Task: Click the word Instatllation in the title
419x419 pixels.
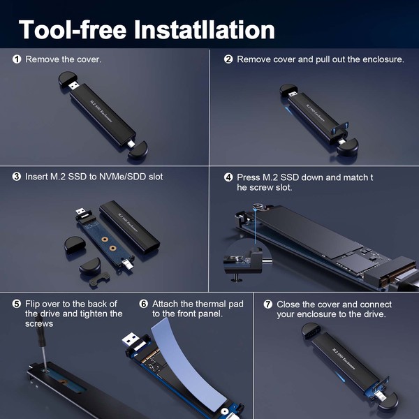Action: (x=205, y=29)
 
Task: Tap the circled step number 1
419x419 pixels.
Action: (x=17, y=59)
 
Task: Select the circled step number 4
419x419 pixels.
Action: (x=228, y=177)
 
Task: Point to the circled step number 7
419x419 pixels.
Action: (x=267, y=304)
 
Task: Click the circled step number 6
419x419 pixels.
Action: (x=143, y=304)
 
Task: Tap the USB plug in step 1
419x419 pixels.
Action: (x=74, y=85)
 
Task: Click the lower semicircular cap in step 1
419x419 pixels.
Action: (x=138, y=150)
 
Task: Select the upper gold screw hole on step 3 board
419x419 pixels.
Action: (x=105, y=240)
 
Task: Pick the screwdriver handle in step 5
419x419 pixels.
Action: (x=40, y=332)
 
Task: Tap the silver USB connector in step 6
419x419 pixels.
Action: (x=131, y=340)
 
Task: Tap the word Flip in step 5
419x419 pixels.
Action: (x=32, y=304)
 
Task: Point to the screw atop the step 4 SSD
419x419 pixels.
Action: (x=258, y=206)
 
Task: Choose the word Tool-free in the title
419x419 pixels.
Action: (x=73, y=29)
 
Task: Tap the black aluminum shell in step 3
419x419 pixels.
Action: (x=130, y=226)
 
